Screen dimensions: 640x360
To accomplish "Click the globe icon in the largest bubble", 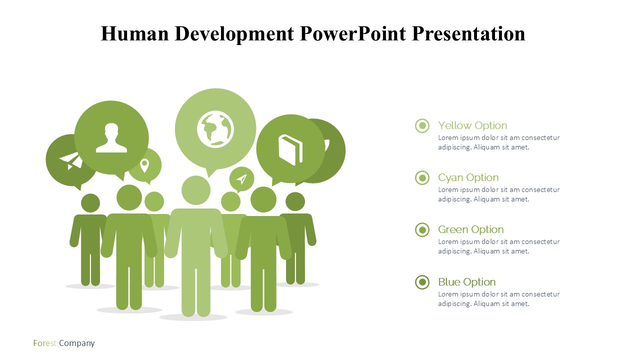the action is (215, 129).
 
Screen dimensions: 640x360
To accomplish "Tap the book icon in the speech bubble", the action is (290, 150).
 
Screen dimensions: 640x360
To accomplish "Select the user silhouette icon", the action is (111, 137).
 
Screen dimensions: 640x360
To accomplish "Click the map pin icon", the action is (144, 165).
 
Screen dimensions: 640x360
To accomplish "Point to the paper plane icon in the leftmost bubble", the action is (71, 161).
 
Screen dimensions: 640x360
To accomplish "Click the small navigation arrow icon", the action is (241, 179).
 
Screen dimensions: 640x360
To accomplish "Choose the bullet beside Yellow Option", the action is (422, 125).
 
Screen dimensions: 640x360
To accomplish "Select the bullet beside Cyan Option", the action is (422, 177).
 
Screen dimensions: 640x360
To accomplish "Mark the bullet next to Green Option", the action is (422, 229).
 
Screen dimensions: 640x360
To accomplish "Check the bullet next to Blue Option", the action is (422, 282).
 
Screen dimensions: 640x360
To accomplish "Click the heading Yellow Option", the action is (472, 125).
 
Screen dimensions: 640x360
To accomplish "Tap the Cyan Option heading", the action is (468, 177).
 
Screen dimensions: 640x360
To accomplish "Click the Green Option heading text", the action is (471, 229).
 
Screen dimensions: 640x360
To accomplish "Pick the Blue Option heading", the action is (467, 282).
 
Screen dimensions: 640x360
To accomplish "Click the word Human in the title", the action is (135, 33).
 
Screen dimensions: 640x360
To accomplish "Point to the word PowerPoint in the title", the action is (353, 33).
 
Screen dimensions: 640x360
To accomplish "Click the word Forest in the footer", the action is (44, 343).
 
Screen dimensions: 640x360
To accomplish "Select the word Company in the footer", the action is (77, 343).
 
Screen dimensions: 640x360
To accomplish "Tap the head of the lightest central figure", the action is (196, 190).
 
